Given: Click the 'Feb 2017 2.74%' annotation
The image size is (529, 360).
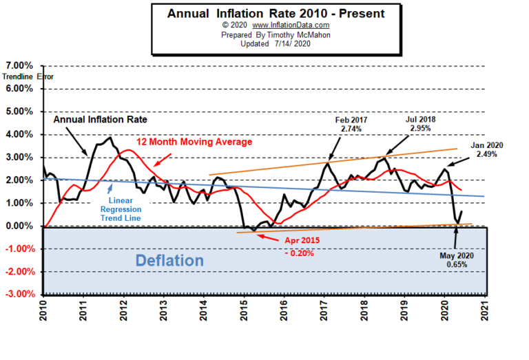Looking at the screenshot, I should click(352, 125).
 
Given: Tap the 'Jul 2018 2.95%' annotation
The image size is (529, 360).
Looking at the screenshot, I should click(420, 123).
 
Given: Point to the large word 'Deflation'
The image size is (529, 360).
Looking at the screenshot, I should click(169, 261).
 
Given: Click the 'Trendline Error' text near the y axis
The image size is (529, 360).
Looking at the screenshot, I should click(28, 77).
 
